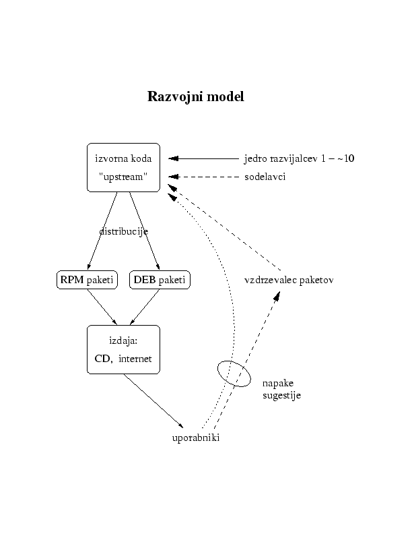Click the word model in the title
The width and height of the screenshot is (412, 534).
tap(226, 97)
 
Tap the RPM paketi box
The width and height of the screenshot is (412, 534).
tap(88, 280)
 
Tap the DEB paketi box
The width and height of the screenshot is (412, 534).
tap(160, 280)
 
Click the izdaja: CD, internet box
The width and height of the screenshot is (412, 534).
tap(124, 349)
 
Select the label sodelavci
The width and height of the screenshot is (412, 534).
tap(265, 177)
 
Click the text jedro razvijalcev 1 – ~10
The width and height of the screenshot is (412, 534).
tap(299, 159)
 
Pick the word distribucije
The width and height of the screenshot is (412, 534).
tap(124, 231)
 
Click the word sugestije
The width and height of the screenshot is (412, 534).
tap(281, 395)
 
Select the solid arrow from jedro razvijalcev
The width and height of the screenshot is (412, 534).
tap(205, 158)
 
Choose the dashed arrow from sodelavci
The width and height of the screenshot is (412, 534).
tap(205, 177)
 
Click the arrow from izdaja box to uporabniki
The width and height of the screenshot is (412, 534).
tap(153, 400)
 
